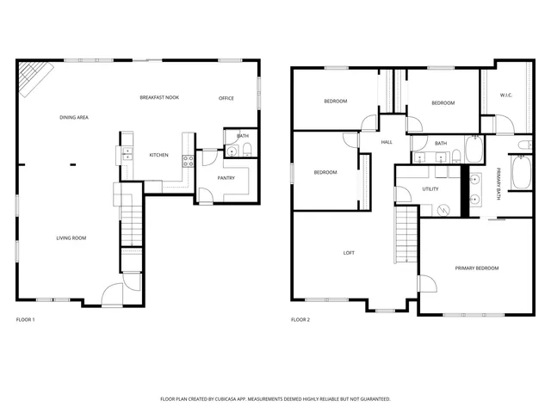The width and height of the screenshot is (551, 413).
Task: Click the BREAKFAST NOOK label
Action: point(159,98)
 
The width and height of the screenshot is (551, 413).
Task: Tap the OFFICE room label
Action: point(226,98)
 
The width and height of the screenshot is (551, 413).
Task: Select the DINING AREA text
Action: point(74,117)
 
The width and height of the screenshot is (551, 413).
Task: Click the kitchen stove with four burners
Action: point(127,155)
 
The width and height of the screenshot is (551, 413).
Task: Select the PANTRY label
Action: point(226,178)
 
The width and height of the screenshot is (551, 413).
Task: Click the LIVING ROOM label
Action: point(71,238)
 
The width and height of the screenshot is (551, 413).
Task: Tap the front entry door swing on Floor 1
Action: point(113,295)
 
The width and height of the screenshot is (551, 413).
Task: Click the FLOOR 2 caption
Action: point(300,319)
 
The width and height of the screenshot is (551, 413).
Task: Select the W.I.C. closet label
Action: point(505,96)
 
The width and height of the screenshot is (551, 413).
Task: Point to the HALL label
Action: point(387,142)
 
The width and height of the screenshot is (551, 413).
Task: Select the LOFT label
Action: point(349,253)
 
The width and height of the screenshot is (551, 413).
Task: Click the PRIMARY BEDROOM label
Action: point(476,268)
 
